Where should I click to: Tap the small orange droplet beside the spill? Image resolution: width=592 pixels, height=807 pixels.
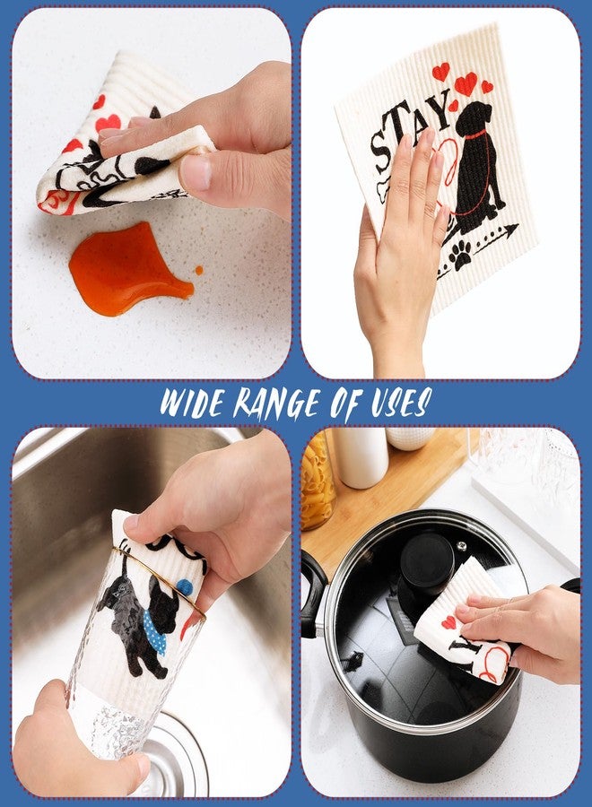click(x=199, y=270)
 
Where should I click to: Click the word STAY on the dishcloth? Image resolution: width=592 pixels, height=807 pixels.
click(x=409, y=130)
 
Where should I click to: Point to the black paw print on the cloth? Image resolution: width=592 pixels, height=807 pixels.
click(x=460, y=256)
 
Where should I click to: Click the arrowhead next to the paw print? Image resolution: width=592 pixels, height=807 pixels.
click(x=510, y=230)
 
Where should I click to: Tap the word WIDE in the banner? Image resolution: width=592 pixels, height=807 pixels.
click(x=191, y=403)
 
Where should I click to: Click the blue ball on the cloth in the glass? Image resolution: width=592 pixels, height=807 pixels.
click(x=184, y=587)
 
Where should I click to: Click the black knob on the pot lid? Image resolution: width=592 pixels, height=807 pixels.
click(x=427, y=561)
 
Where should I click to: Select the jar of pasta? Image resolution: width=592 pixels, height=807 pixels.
click(x=317, y=482)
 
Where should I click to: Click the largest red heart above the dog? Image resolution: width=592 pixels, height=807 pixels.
click(x=466, y=84)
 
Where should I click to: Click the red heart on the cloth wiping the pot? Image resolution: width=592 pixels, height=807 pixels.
click(x=448, y=622)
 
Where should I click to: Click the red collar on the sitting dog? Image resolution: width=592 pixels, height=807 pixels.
click(x=476, y=134)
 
